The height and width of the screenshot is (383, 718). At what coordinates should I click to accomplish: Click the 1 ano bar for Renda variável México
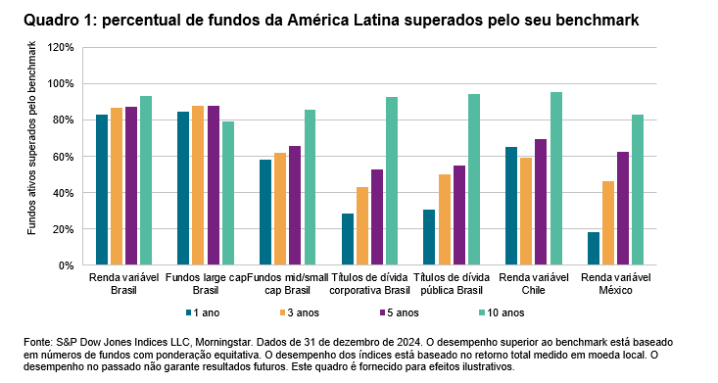[x=594, y=249]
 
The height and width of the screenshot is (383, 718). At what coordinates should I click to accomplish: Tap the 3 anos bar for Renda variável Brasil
[x=117, y=186]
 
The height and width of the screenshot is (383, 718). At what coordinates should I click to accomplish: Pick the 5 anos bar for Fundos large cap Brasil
[x=213, y=185]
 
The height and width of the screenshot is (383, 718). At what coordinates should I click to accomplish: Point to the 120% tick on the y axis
[x=61, y=47]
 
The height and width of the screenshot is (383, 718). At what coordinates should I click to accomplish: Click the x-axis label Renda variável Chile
[x=534, y=284]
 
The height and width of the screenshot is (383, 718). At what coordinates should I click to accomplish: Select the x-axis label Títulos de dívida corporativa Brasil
[x=369, y=284]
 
